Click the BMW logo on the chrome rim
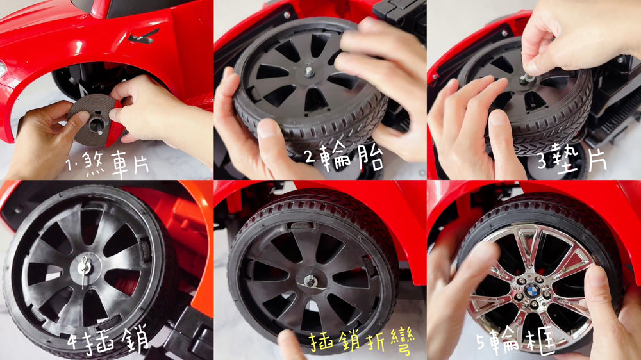click(531, 291)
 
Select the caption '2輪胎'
click(344, 158)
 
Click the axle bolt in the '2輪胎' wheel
click(309, 72)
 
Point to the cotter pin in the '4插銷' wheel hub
click(85, 270)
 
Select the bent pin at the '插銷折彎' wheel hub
click(311, 282)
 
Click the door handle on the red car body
click(144, 37)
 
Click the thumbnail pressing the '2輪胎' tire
click(269, 129)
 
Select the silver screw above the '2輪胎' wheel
click(287, 15)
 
